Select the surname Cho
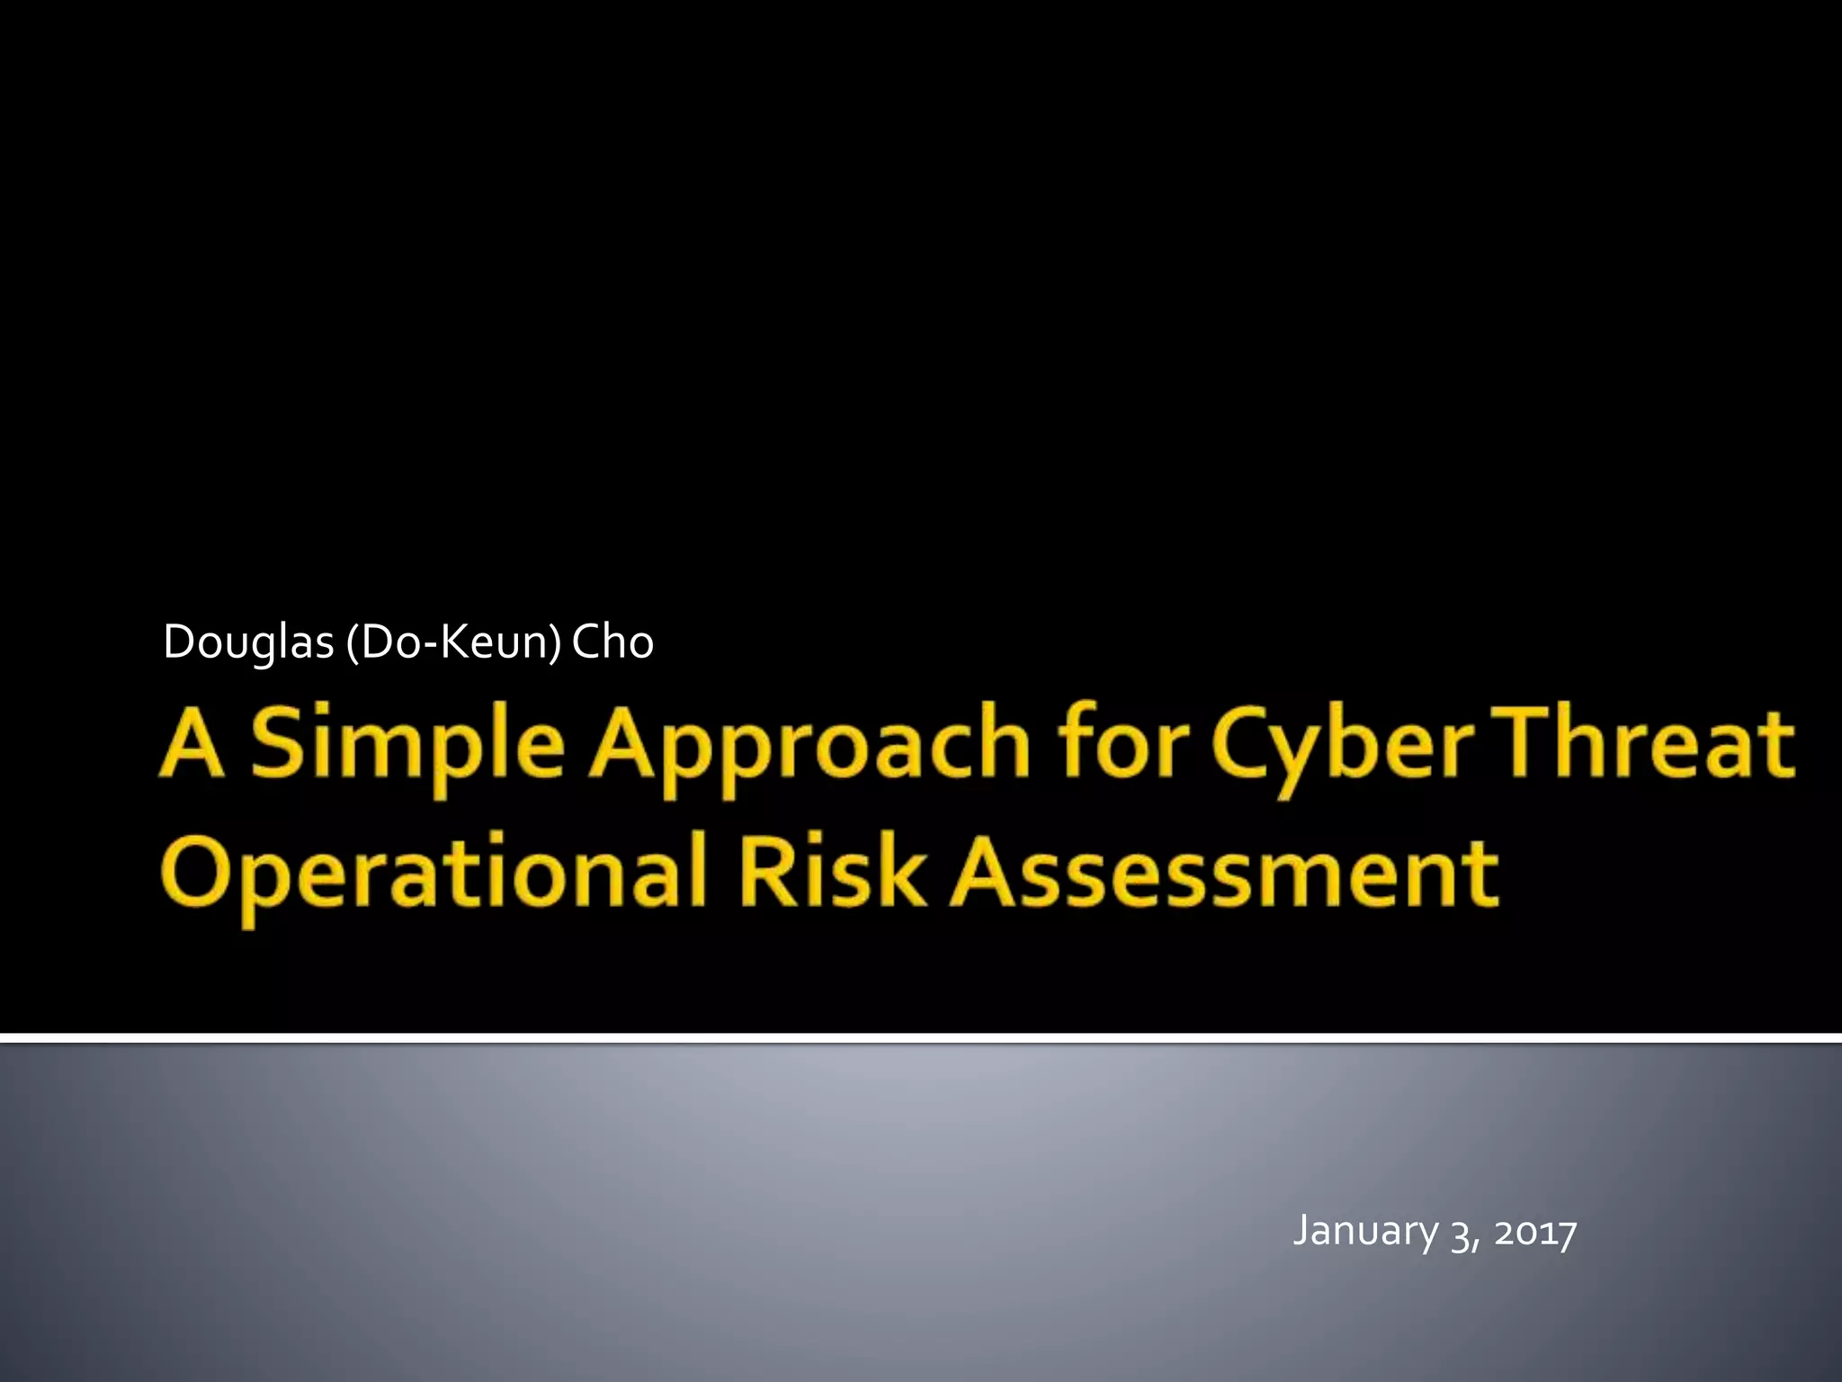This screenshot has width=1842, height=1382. (613, 642)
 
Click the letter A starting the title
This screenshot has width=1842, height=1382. (192, 743)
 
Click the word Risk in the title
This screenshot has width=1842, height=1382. (831, 871)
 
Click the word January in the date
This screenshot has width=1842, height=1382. (1365, 1231)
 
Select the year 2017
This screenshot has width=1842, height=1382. (1535, 1232)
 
